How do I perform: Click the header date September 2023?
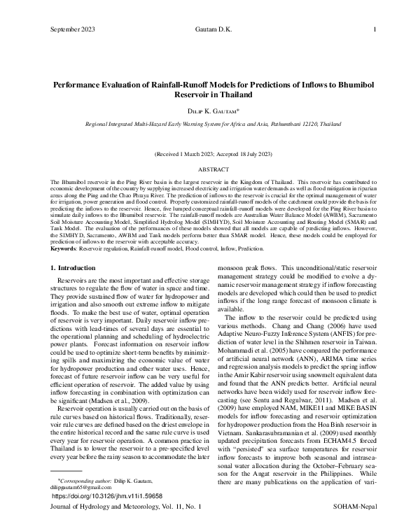tap(73, 29)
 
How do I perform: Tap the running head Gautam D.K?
tap(198, 29)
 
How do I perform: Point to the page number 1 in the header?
tap(375, 29)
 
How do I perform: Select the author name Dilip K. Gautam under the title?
tap(198, 111)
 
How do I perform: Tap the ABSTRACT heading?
tap(198, 169)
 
